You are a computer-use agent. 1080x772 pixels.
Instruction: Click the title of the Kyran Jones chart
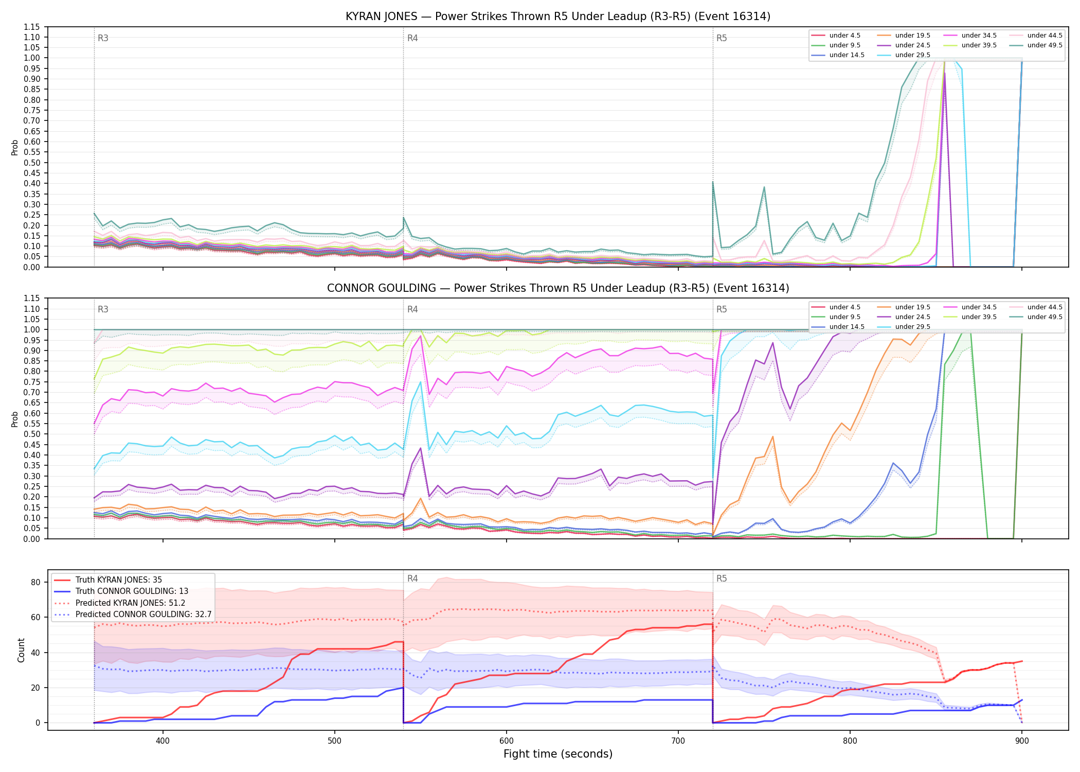tap(558, 16)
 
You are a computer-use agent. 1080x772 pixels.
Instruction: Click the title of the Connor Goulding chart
tap(558, 288)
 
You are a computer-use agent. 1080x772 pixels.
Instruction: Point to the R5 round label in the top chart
tap(722, 38)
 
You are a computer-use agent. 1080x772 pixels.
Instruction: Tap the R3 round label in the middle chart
tap(103, 309)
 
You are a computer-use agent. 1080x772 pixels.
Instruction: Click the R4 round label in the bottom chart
tap(412, 578)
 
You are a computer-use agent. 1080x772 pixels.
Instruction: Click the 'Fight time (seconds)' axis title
tap(558, 754)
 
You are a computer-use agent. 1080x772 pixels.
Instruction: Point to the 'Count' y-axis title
tap(21, 650)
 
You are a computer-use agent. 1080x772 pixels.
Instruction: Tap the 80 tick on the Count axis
tap(35, 582)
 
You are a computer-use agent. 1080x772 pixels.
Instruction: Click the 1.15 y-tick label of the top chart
tap(32, 27)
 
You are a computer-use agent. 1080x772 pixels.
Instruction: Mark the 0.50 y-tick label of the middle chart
tap(32, 434)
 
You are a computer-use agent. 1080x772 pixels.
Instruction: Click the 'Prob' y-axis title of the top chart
tap(14, 147)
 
